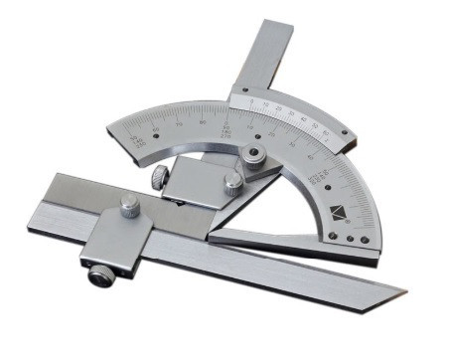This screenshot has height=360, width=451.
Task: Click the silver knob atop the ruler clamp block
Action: [130, 206]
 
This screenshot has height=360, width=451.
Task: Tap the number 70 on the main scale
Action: [178, 123]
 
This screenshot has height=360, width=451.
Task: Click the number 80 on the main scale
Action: [204, 121]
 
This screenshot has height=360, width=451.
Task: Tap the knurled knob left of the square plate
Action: [158, 179]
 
